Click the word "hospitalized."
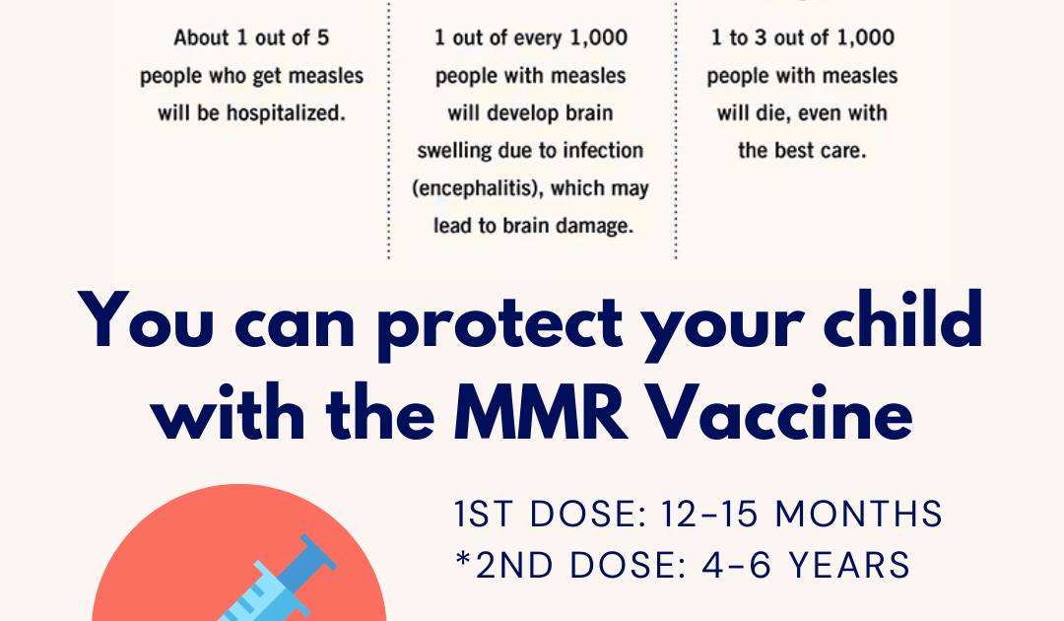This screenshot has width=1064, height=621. (x=286, y=113)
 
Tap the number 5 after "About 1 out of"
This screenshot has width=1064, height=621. (x=323, y=37)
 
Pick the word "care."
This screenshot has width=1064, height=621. (x=843, y=150)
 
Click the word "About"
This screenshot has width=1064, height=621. (x=201, y=37)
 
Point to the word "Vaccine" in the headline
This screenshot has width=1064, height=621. (x=780, y=412)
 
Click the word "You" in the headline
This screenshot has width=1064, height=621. (x=146, y=319)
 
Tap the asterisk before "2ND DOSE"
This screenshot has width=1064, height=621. (x=463, y=560)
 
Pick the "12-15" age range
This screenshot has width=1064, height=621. (x=709, y=514)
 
